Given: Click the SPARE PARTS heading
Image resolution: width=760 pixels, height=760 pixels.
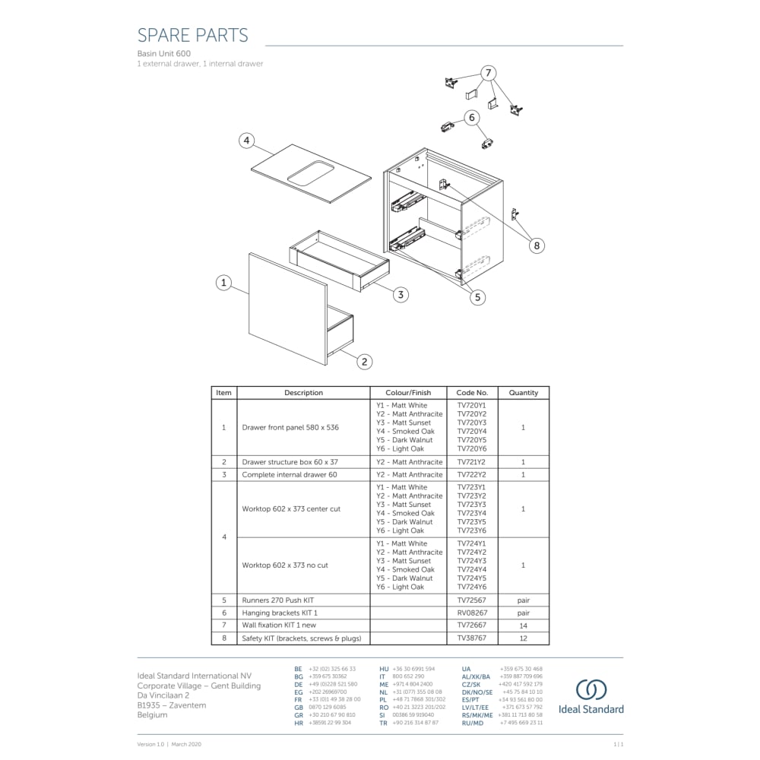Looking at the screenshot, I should tap(192, 35).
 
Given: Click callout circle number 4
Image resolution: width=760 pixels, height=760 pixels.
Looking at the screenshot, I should tap(245, 141).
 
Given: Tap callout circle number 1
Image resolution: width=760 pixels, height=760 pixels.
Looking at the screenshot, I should tap(223, 283).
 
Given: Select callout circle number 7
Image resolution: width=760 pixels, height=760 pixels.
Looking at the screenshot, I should tap(488, 73).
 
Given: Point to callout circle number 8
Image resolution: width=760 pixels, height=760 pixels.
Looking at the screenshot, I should tap(537, 245).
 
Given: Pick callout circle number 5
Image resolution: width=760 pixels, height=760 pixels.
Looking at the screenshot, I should tap(477, 297).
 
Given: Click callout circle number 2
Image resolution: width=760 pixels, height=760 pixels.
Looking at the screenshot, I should tap(365, 362).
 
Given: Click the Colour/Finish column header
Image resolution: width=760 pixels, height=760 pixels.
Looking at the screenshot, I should tap(408, 393).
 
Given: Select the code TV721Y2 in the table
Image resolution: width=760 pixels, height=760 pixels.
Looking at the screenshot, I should tap(471, 462).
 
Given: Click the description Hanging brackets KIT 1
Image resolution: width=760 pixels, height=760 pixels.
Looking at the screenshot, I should tap(280, 613).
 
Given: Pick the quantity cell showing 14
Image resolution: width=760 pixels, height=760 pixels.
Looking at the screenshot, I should tap(523, 625).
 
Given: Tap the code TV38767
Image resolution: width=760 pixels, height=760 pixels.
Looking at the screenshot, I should tap(471, 638).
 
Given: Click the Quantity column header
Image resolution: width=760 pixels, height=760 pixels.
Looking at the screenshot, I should tap(523, 393).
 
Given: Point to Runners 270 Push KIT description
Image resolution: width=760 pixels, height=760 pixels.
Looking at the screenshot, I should tap(277, 600).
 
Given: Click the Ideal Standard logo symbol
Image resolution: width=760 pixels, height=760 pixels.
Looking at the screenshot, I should tap(591, 689).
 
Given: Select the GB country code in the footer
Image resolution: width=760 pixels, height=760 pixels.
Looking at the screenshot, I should tap(299, 707).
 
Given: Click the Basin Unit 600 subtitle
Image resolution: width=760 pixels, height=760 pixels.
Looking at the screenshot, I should tap(163, 54).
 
